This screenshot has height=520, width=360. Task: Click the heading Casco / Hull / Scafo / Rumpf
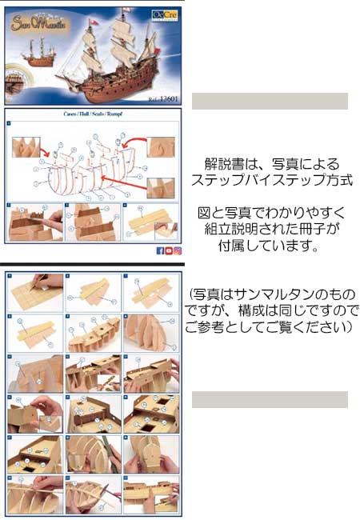(93, 114)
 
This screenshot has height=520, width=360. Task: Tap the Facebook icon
(160, 250)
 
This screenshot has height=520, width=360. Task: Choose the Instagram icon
(178, 250)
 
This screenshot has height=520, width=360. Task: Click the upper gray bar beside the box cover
(270, 101)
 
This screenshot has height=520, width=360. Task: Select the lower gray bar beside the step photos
(270, 399)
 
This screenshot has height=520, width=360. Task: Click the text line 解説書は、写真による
(272, 165)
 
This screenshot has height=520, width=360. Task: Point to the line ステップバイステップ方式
(272, 181)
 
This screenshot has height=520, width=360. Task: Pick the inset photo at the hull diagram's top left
(26, 146)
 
